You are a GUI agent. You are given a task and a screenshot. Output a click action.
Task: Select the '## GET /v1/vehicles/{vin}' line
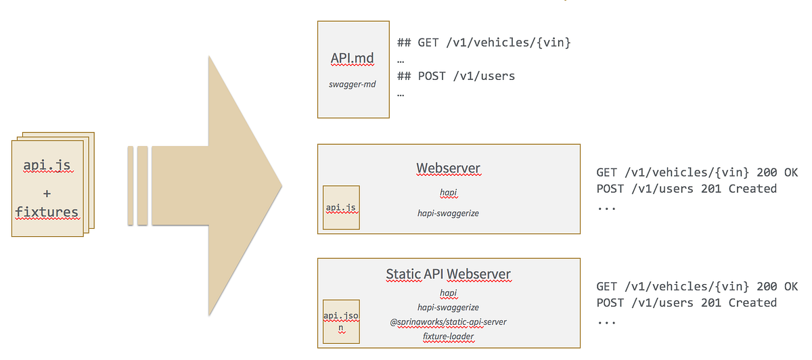(x=484, y=43)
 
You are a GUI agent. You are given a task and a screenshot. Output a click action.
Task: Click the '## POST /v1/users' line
(x=456, y=76)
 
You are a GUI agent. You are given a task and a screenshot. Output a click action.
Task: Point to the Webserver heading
(x=449, y=168)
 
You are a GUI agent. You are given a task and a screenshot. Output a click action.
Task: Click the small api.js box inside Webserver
(x=340, y=207)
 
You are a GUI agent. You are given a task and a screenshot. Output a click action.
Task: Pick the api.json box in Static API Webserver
(x=340, y=321)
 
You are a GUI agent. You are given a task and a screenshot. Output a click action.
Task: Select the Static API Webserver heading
(x=449, y=274)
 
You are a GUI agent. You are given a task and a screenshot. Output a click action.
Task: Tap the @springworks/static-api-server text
(x=449, y=321)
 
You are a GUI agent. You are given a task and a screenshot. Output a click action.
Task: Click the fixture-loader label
(x=449, y=336)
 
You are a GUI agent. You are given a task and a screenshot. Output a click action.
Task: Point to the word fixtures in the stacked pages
(x=47, y=212)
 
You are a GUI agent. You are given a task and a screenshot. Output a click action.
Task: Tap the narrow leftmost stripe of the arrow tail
(x=131, y=185)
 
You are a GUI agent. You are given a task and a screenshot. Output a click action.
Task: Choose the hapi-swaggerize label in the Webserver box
(x=449, y=213)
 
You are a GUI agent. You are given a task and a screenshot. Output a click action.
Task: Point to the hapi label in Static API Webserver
(x=449, y=293)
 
